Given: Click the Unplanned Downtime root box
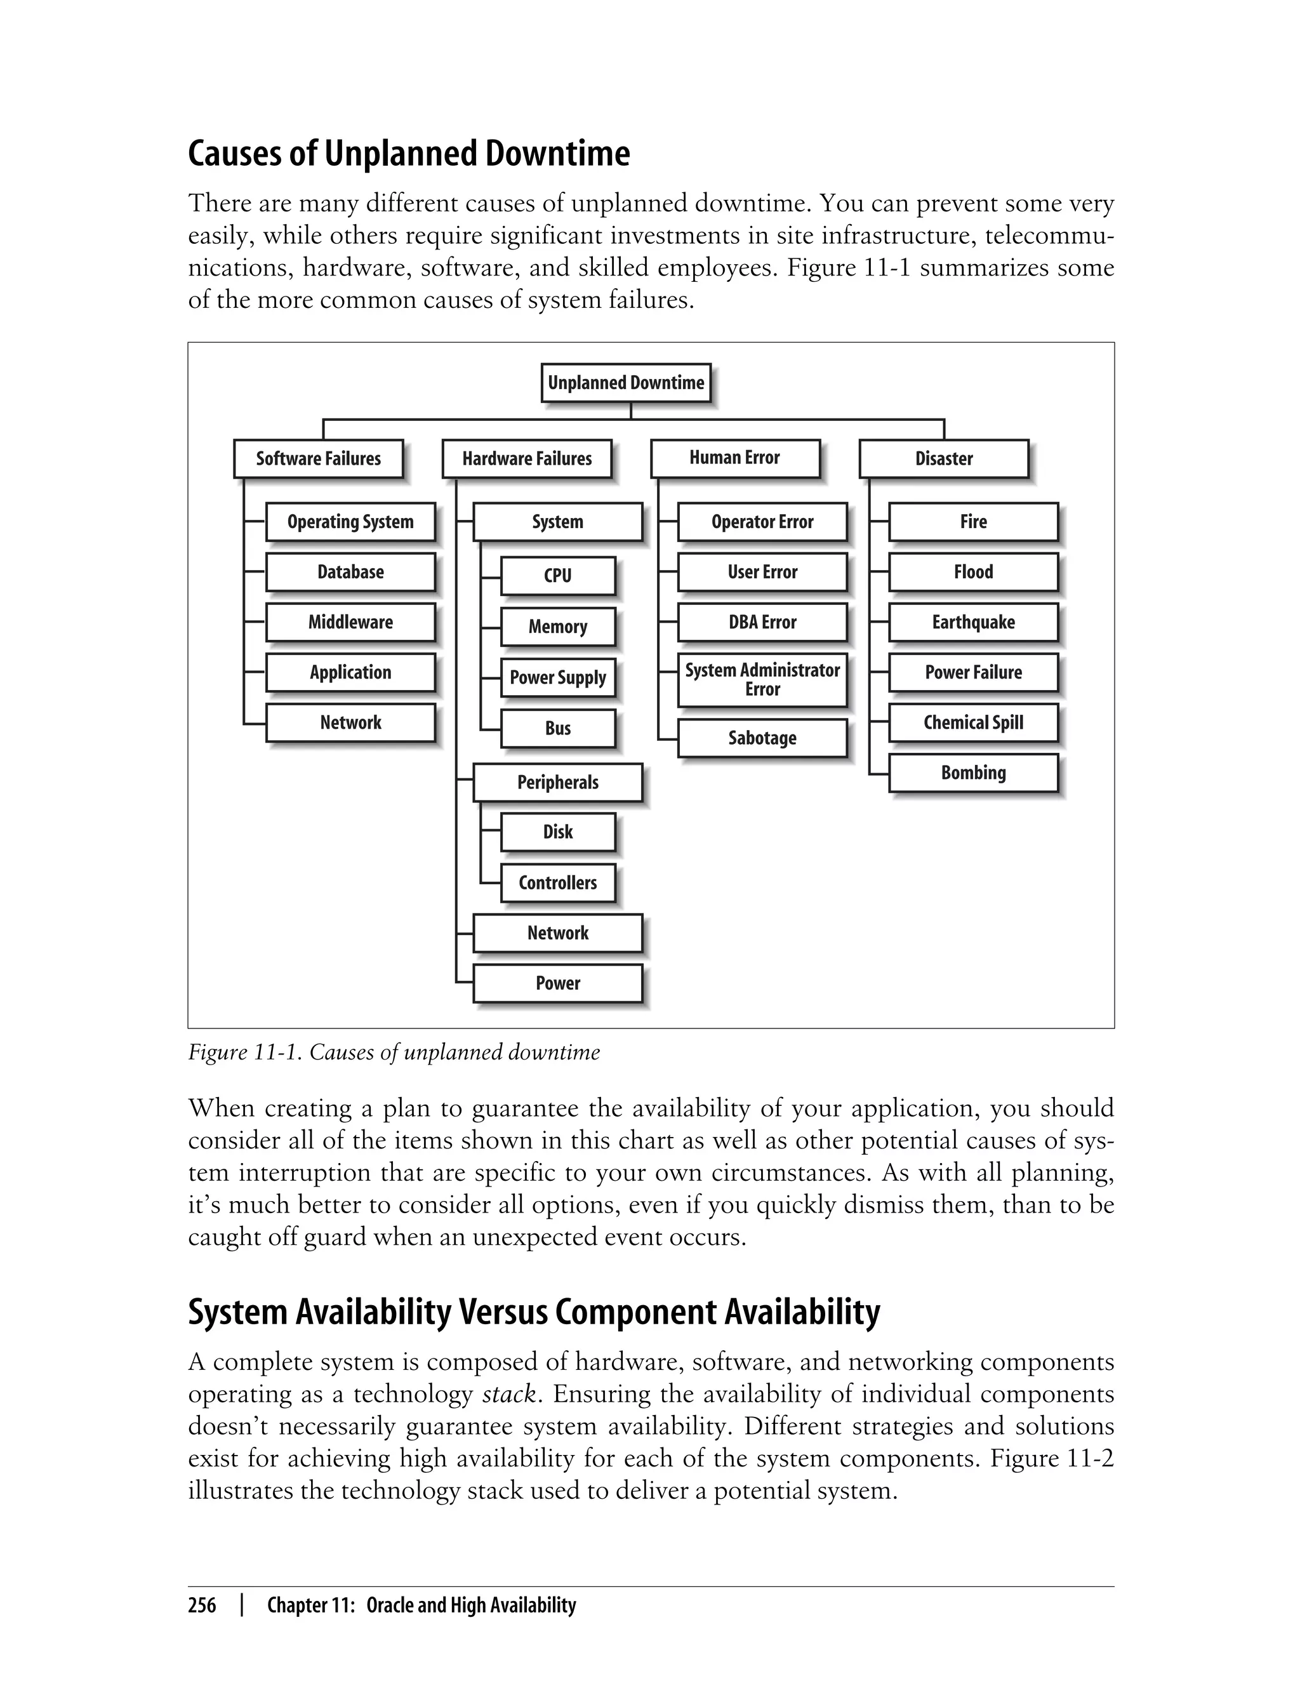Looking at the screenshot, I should pos(625,383).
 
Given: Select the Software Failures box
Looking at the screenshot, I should pos(318,459).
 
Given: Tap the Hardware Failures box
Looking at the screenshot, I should pos(526,459).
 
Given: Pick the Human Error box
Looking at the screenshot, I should pos(734,458).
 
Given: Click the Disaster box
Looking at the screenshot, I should pos(943,459).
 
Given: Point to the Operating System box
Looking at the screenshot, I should pos(350,522).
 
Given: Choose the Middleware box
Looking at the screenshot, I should pos(350,623).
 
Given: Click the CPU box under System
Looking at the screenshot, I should pos(557,576).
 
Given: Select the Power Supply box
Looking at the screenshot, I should pos(557,678).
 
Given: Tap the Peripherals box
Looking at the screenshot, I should pos(557,782).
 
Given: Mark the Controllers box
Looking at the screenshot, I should pos(557,883).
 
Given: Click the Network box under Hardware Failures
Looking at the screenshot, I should pos(557,933).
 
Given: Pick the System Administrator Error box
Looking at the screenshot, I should pos(762,679).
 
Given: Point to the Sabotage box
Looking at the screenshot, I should pos(762,738).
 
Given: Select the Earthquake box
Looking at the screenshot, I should pos(972,623).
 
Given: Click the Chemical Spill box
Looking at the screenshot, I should pos(972,722).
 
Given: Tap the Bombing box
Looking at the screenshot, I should pos(972,773).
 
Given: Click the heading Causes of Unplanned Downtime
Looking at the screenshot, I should pos(409,153).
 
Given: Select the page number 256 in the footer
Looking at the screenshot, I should pos(202,1605).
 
